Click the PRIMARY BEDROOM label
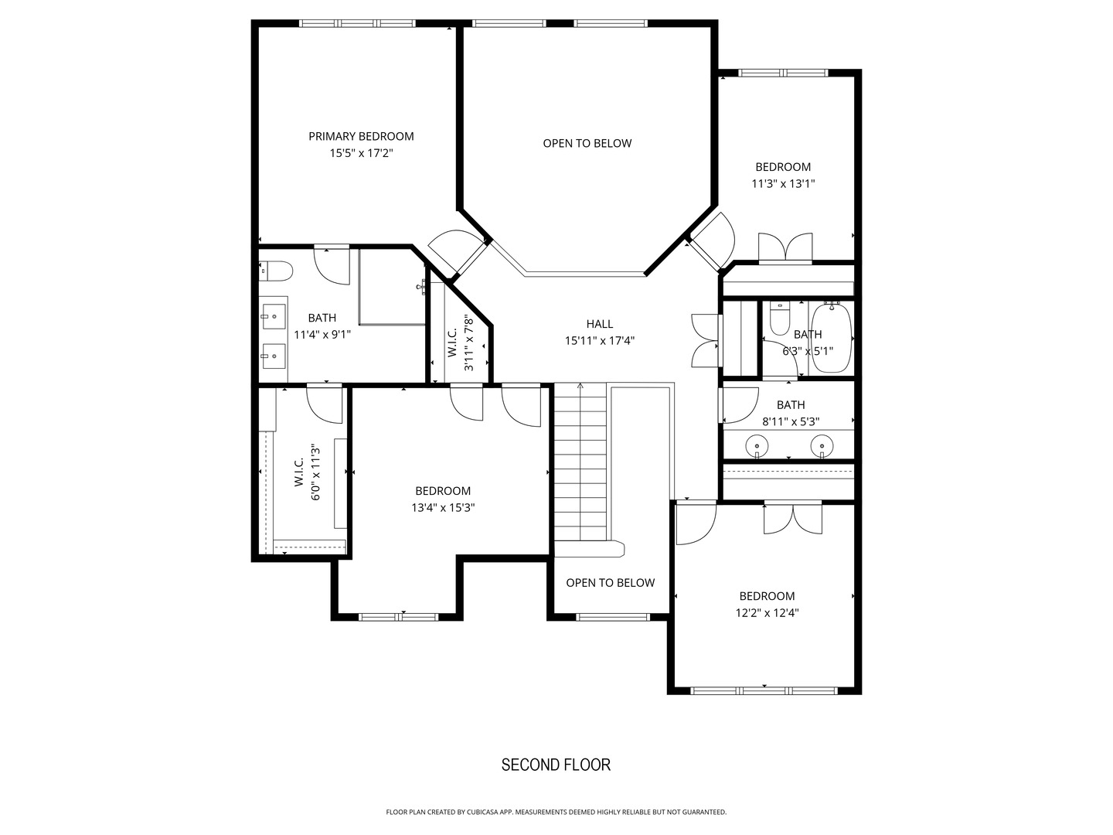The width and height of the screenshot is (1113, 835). [361, 136]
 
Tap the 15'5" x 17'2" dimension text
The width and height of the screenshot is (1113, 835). [361, 153]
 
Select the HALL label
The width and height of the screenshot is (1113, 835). [600, 324]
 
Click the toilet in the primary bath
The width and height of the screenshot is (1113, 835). [276, 271]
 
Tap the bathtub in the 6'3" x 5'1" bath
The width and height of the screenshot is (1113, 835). [831, 337]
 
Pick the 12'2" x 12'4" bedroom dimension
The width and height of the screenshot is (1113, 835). [768, 613]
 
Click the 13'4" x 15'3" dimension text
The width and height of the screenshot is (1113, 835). [443, 507]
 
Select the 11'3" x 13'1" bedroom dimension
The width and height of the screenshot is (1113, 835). [783, 183]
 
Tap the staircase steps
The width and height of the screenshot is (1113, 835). [580, 462]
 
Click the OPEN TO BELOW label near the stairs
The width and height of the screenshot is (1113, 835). [611, 583]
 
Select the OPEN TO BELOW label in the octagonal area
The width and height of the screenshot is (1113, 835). [587, 144]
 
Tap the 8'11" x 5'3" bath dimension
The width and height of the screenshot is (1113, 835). [791, 422]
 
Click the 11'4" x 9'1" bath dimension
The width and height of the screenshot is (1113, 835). [322, 335]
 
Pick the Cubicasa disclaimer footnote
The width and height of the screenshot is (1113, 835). [556, 812]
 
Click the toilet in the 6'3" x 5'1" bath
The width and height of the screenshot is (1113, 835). [779, 318]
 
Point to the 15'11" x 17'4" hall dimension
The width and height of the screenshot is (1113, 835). [600, 341]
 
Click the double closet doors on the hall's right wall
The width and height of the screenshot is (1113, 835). [706, 340]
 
